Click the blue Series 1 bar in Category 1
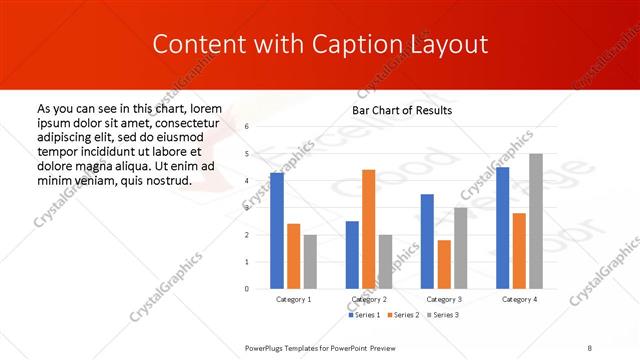(277, 231)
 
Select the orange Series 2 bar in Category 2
(369, 229)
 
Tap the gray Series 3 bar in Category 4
(536, 221)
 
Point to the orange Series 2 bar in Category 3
(444, 264)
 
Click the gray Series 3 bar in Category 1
(310, 261)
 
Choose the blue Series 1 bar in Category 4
(502, 228)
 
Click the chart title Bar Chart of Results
(402, 109)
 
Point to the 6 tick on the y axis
(247, 127)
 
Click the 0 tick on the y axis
(247, 289)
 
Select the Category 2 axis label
(369, 299)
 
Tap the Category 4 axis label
(519, 299)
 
